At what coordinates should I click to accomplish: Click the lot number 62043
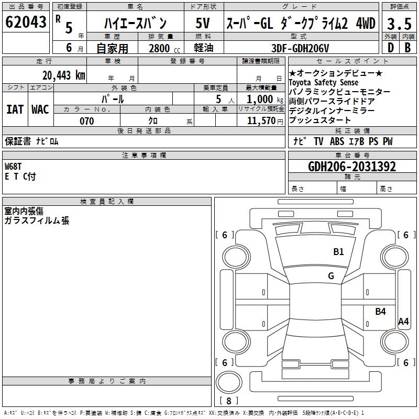click(x=25, y=22)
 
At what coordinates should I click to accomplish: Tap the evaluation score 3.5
click(x=399, y=23)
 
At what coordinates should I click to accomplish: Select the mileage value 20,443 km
click(x=63, y=75)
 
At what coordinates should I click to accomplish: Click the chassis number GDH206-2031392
click(x=352, y=167)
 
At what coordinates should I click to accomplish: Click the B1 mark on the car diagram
click(x=339, y=252)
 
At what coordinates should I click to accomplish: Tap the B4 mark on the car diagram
click(x=380, y=312)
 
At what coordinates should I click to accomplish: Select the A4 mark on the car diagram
click(x=403, y=322)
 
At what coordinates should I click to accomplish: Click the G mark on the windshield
click(x=330, y=276)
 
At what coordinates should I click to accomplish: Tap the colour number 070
click(x=86, y=121)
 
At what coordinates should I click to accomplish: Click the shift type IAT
click(x=15, y=109)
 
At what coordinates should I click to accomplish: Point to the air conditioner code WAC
click(x=40, y=109)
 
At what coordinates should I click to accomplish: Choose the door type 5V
click(x=203, y=23)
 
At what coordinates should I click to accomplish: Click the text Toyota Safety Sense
click(x=324, y=83)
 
